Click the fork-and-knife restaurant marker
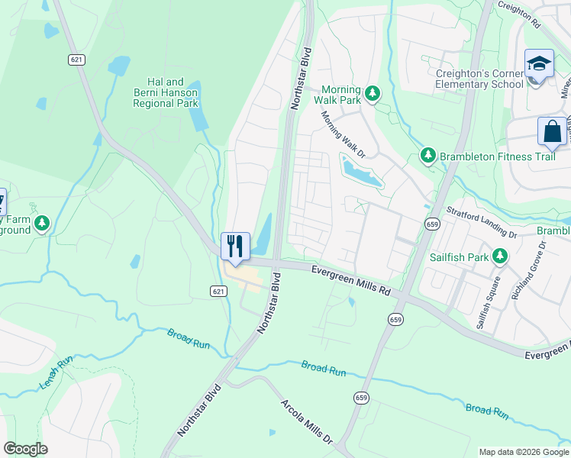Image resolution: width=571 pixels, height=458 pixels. pos(235,247)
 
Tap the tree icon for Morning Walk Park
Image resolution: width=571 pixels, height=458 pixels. pos(373,93)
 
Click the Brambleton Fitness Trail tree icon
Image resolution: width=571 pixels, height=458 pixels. pos(428,156)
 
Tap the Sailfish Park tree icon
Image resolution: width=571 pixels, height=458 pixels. pos(501,256)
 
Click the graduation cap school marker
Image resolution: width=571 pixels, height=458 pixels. pos(538,64)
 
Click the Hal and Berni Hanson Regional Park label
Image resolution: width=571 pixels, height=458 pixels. pos(172,92)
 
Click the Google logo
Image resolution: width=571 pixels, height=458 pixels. pos(26,449)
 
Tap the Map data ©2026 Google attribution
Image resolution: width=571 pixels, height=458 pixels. pos(523,452)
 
